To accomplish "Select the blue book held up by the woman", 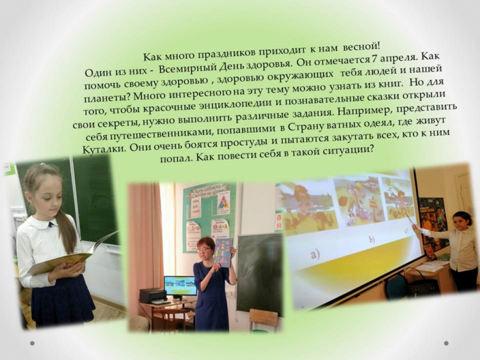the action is (223, 253).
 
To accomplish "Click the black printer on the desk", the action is (154, 295).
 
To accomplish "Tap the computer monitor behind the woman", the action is (180, 286).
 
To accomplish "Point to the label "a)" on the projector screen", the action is (315, 253).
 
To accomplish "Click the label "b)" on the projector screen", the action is (372, 240).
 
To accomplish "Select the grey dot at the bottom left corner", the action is (32, 343).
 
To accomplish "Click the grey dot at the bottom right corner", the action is (446, 343).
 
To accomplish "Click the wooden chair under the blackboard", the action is (263, 320).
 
